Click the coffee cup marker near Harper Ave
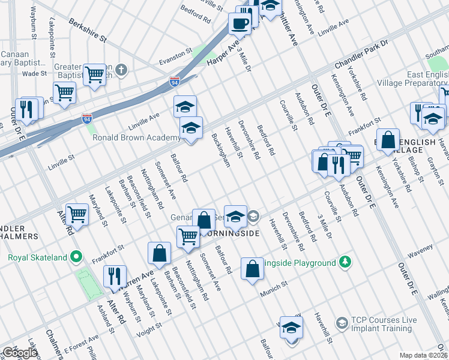(x=240, y=25)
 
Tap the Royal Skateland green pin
(x=76, y=258)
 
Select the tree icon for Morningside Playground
(x=345, y=262)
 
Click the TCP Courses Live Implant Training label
(x=383, y=324)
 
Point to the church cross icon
(x=122, y=70)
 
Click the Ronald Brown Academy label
(x=136, y=137)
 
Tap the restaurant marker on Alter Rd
(x=114, y=277)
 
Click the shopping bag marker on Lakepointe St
(x=160, y=254)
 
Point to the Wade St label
(x=35, y=74)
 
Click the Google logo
(x=20, y=352)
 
